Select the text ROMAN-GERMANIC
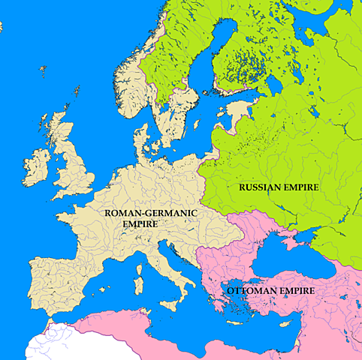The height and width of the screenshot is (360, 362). click(x=150, y=213)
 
